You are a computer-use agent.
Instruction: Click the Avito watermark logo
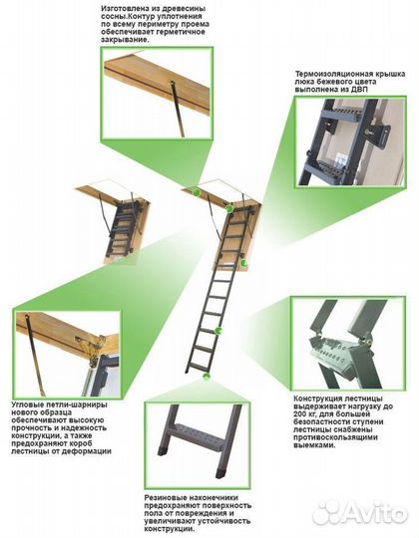pyautogui.click(x=360, y=513)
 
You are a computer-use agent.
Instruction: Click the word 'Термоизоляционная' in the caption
pyautogui.click(x=328, y=74)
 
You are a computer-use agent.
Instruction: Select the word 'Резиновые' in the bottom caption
pyautogui.click(x=162, y=498)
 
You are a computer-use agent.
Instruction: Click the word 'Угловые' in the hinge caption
pyautogui.click(x=26, y=404)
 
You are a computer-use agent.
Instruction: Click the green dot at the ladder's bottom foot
pyautogui.click(x=207, y=377)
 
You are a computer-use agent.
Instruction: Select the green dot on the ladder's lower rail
pyautogui.click(x=218, y=331)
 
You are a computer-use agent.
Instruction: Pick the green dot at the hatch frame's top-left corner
pyautogui.click(x=197, y=192)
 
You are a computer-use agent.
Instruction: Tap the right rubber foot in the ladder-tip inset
pyautogui.click(x=220, y=472)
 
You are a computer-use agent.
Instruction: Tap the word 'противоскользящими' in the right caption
pyautogui.click(x=331, y=437)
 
